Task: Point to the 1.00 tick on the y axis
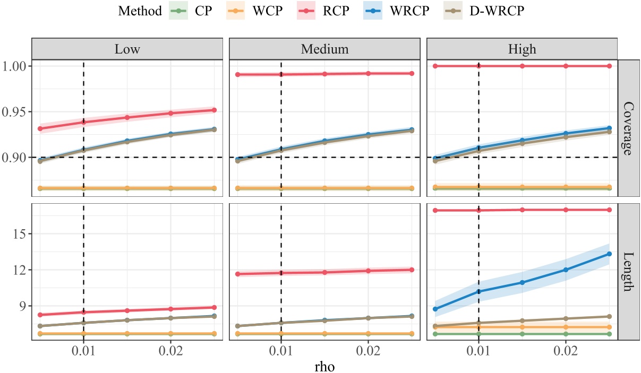(x=15, y=66)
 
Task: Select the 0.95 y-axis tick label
(x=15, y=112)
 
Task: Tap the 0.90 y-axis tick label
(x=15, y=158)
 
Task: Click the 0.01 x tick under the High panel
(x=479, y=351)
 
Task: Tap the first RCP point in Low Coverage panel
(x=40, y=128)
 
